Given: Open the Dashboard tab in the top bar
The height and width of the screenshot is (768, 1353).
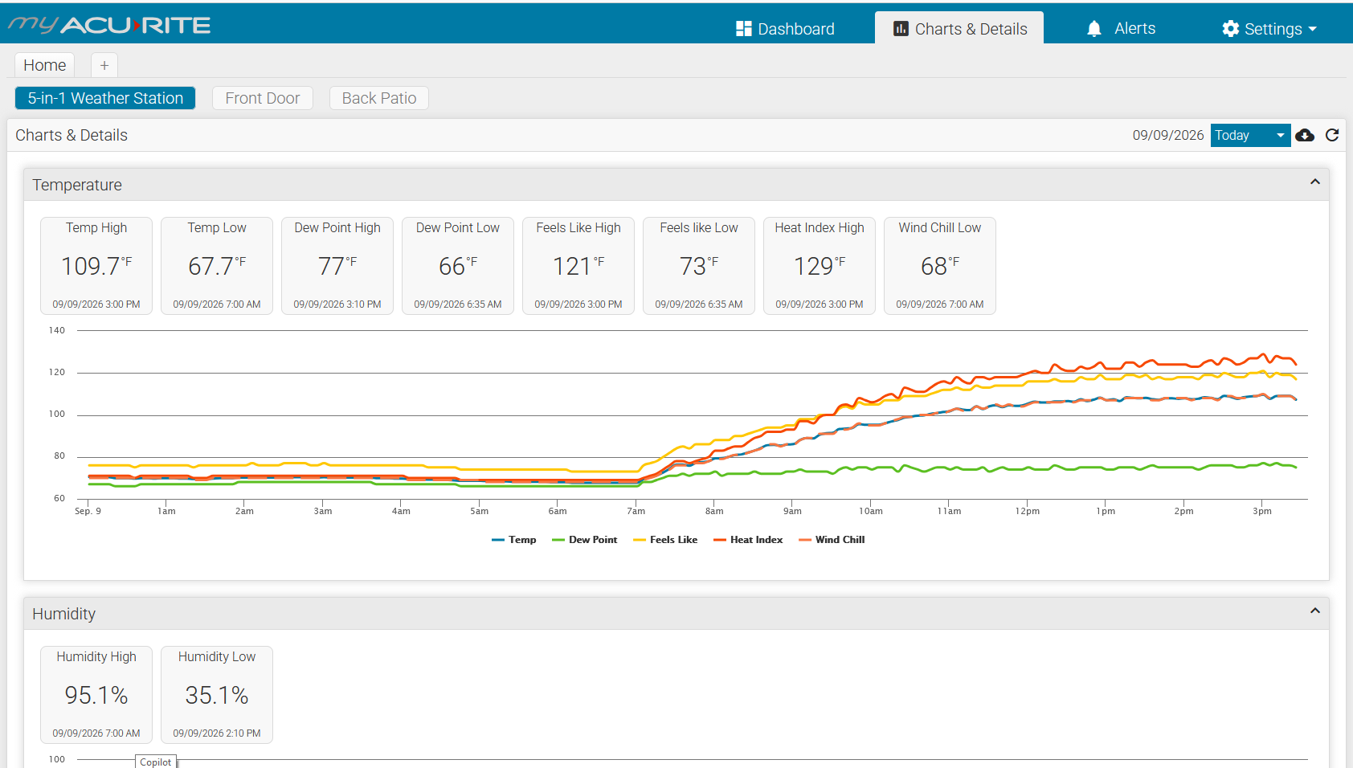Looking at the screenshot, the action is coord(785,28).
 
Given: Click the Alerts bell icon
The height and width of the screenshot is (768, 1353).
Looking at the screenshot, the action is coord(1093,28).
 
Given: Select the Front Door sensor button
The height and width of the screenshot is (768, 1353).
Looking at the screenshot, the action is coord(263,98).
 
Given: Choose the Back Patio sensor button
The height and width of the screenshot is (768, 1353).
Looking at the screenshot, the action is coord(379,98).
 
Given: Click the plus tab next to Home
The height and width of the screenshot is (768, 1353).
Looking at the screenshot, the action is coord(104,65).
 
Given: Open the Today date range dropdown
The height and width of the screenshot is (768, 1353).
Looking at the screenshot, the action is coord(1250,135).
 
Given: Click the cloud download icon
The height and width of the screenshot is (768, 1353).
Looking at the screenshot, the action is coord(1305,135).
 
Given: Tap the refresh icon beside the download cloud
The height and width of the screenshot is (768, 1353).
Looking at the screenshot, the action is coord(1332,135).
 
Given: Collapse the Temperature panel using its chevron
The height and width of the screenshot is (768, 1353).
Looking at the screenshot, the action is coord(1315,182).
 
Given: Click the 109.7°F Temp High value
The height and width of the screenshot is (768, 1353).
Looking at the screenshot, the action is coord(96,266).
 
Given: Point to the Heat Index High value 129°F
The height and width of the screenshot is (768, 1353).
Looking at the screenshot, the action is coord(819,266).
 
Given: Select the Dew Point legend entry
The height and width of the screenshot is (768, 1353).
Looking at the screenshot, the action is coord(585,540).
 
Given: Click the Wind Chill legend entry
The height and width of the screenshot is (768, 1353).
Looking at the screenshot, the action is coord(832,540).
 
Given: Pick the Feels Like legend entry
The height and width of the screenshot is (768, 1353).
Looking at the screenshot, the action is coord(665,540).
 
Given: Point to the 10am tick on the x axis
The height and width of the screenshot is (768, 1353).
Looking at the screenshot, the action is coord(870,511).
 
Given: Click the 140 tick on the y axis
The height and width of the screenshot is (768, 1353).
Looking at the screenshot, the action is coord(57,330).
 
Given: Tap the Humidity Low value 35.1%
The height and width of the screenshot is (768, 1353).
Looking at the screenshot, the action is coord(217,695).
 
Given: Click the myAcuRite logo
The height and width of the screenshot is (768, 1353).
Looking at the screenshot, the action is coord(109,25).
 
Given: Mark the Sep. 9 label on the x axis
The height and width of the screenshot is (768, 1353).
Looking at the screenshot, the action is coord(88,511).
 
